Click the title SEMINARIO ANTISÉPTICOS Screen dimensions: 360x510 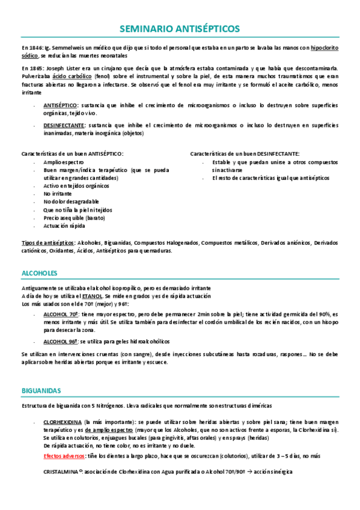(x=180, y=28)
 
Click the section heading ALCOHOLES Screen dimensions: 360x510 (x=39, y=272)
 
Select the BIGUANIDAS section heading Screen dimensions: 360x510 (x=41, y=390)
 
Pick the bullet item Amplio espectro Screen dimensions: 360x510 (x=64, y=163)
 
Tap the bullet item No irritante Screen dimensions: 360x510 (x=58, y=194)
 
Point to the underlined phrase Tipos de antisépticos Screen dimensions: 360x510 (x=47, y=242)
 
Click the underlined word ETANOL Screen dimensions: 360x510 (x=92, y=296)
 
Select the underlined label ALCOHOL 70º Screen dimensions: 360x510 (x=61, y=314)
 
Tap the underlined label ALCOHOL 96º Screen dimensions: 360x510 (x=61, y=340)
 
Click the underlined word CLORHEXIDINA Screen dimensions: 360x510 (x=63, y=423)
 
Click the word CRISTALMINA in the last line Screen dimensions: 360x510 (x=63, y=472)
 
